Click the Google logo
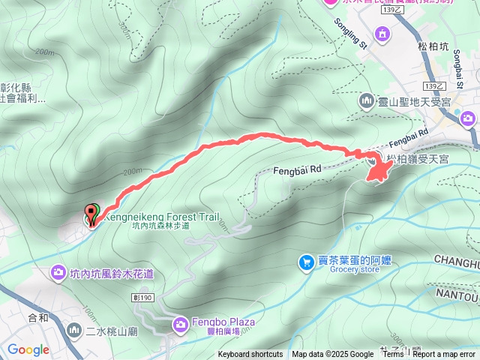[x=28, y=349]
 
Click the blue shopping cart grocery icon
[x=306, y=262]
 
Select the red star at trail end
[x=377, y=169]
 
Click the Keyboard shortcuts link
[x=250, y=355]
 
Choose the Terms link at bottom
[x=392, y=355]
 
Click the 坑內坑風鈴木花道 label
[x=112, y=274]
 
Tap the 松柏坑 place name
[x=433, y=46]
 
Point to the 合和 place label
[x=38, y=317]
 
